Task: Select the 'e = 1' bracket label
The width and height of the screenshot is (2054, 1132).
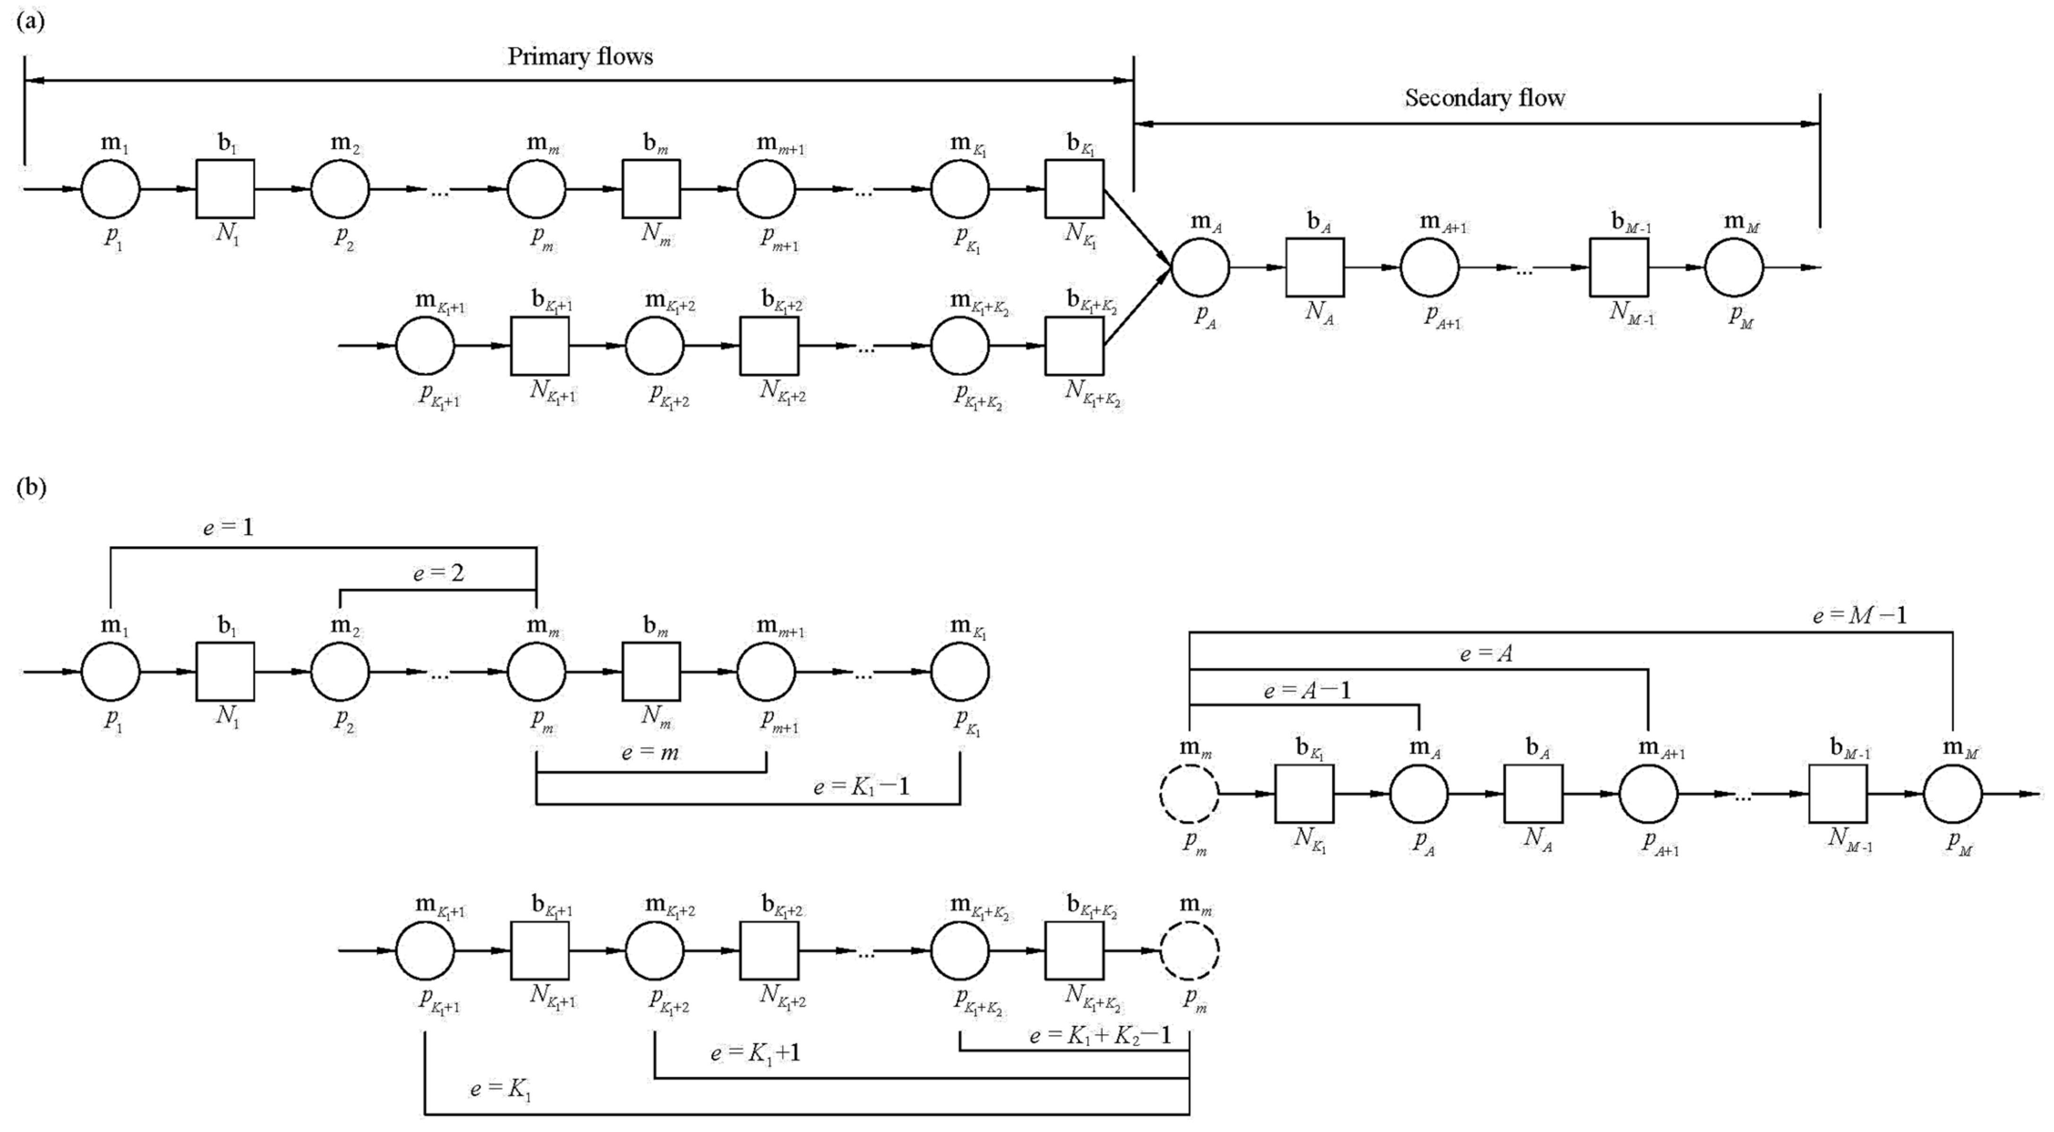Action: pyautogui.click(x=228, y=528)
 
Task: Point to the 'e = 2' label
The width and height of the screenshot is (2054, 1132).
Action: pyautogui.click(x=438, y=572)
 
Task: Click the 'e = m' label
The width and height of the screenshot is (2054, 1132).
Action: pyautogui.click(x=650, y=752)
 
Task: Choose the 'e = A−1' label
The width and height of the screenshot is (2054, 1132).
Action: pyautogui.click(x=1308, y=690)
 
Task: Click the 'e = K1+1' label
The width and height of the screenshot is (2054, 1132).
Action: pyautogui.click(x=755, y=1053)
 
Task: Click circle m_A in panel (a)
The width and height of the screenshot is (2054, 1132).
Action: pyautogui.click(x=1200, y=268)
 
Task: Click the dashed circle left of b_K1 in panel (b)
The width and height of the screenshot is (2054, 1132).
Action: pyautogui.click(x=1189, y=794)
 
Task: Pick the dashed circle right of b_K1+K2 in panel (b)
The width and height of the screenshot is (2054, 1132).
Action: pyautogui.click(x=1189, y=950)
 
